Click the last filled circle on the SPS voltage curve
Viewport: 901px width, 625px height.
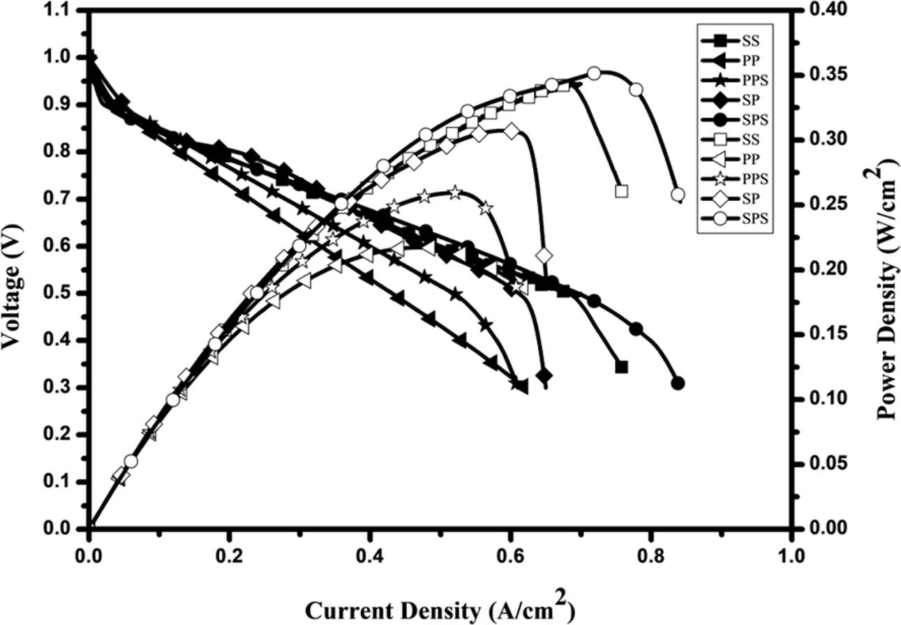click(x=678, y=383)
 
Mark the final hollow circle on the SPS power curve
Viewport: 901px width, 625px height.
click(x=677, y=195)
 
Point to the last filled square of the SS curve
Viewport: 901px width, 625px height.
click(x=622, y=367)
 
